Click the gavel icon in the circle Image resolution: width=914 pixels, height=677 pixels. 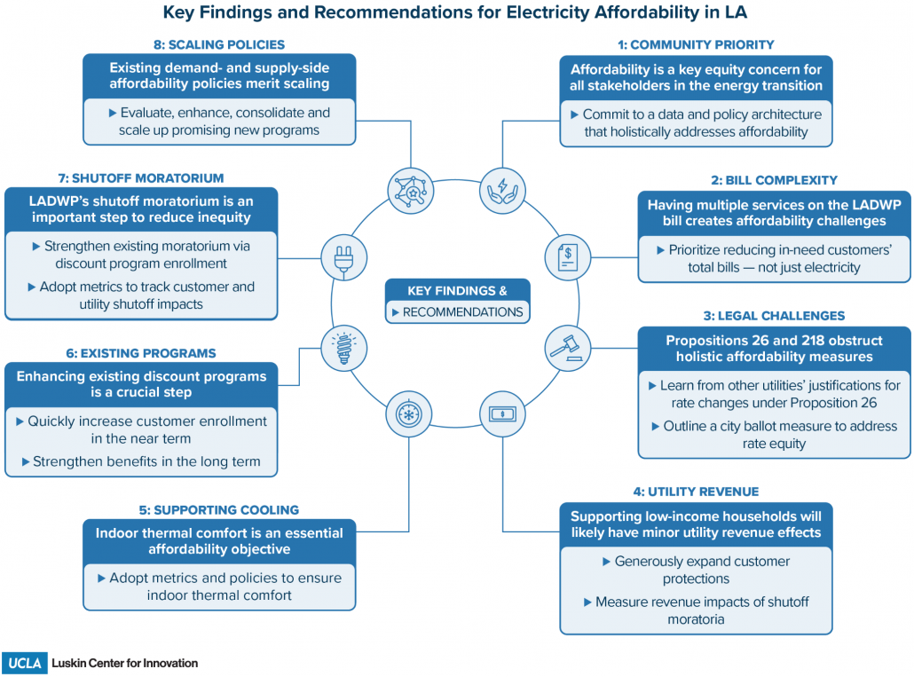pyautogui.click(x=567, y=349)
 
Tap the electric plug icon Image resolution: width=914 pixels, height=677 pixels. pyautogui.click(x=344, y=258)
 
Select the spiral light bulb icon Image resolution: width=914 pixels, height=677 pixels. pyautogui.click(x=344, y=349)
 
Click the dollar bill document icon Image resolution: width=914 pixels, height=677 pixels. pyautogui.click(x=567, y=257)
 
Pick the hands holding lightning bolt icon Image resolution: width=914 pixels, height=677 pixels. pyautogui.click(x=502, y=191)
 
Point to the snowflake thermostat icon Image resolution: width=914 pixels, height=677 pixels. pyautogui.click(x=408, y=414)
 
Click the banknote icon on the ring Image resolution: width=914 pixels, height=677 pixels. pyautogui.click(x=502, y=414)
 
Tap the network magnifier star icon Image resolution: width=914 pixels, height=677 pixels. pyautogui.click(x=411, y=191)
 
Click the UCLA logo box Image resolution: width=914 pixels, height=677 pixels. pyautogui.click(x=25, y=663)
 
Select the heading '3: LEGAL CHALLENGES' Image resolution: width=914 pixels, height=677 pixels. pyautogui.click(x=774, y=316)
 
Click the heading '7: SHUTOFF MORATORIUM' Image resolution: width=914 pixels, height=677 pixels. pyautogui.click(x=141, y=178)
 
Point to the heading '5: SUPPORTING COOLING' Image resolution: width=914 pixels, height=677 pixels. pyautogui.click(x=219, y=510)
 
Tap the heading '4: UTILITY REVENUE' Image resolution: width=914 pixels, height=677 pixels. pyautogui.click(x=696, y=492)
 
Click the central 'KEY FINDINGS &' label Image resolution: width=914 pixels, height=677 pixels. pyautogui.click(x=458, y=291)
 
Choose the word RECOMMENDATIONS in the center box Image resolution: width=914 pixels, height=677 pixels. pyautogui.click(x=463, y=312)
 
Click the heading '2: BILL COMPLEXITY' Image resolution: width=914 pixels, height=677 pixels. pyautogui.click(x=774, y=180)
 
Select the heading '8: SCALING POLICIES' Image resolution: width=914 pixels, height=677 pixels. pyautogui.click(x=219, y=45)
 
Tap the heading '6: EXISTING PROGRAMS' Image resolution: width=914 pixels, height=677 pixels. pyautogui.click(x=141, y=353)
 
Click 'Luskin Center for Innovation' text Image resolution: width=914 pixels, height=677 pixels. pyautogui.click(x=125, y=663)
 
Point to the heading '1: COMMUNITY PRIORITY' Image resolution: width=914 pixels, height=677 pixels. pyautogui.click(x=696, y=45)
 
